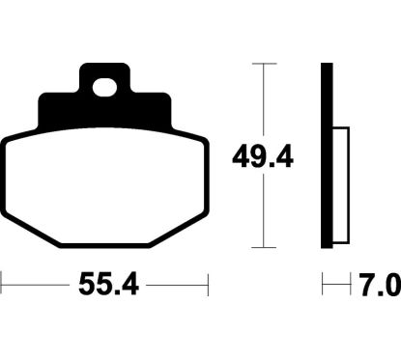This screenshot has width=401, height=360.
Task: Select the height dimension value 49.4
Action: [x=259, y=153]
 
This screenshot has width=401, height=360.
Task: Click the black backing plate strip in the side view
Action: [x=327, y=154]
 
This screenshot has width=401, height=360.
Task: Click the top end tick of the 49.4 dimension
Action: [x=259, y=63]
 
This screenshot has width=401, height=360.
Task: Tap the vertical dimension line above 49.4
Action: [x=259, y=97]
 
